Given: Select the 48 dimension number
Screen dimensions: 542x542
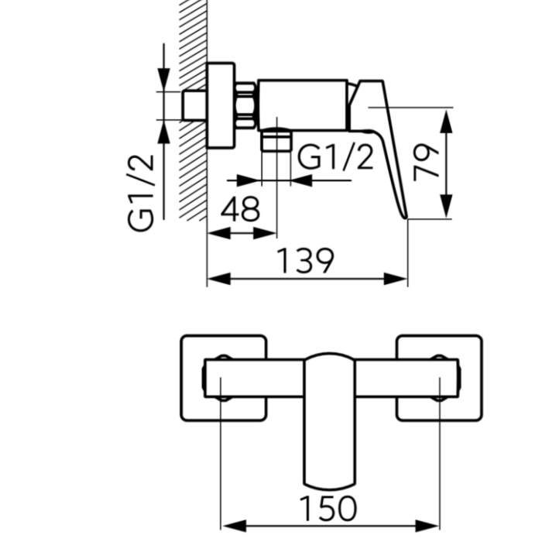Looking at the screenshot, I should pos(240,211).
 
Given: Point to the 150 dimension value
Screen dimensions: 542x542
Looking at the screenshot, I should pos(328,509).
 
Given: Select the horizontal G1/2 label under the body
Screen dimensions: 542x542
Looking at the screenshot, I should pos(335,157).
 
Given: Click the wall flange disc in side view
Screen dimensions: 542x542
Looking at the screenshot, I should pos(221,105).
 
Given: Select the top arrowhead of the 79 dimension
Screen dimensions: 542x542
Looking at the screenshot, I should pos(447,117).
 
